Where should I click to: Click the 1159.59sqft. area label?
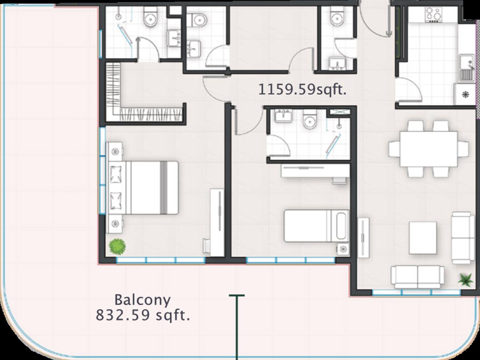point(302,90)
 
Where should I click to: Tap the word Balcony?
point(142,300)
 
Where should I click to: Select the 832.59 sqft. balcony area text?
point(143,315)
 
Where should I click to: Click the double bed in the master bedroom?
point(143,188)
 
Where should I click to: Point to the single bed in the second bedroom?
point(317,226)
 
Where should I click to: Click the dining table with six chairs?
point(429,149)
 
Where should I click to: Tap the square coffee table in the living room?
point(423,238)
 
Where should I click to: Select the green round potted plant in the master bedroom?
point(118,246)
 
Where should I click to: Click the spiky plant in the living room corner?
point(466,280)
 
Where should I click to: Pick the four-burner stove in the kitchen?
point(434,14)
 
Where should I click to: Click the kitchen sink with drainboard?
point(466,68)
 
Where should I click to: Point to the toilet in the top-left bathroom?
point(151,16)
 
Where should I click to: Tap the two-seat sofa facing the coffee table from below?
point(418,277)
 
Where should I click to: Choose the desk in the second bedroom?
point(315,171)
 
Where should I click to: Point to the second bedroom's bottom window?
point(291,260)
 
